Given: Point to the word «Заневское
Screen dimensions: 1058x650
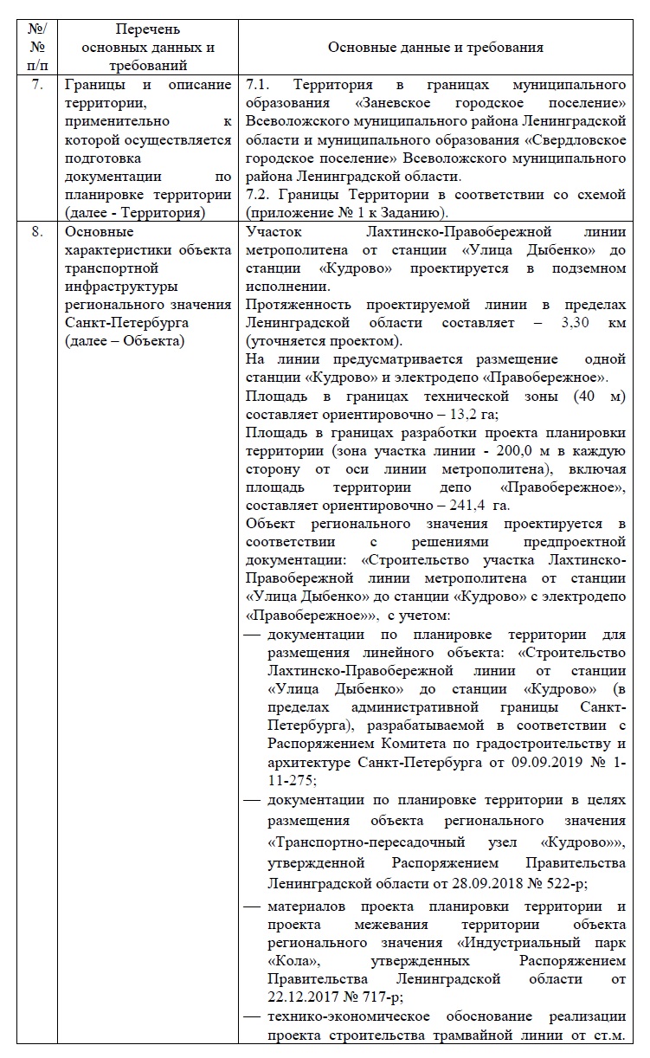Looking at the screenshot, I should coord(398,103).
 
